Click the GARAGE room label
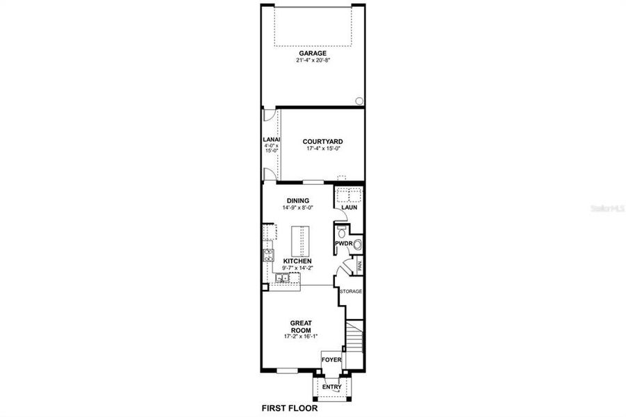click(313, 53)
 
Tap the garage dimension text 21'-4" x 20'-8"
click(313, 60)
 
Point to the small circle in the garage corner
click(359, 101)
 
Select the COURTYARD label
click(322, 141)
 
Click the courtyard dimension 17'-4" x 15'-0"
click(322, 148)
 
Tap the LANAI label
click(270, 139)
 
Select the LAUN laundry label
click(348, 206)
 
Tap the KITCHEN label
click(297, 261)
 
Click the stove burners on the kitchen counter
click(267, 255)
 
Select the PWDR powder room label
click(343, 244)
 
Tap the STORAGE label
click(351, 291)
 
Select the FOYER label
click(331, 360)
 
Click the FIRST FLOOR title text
click(289, 408)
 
